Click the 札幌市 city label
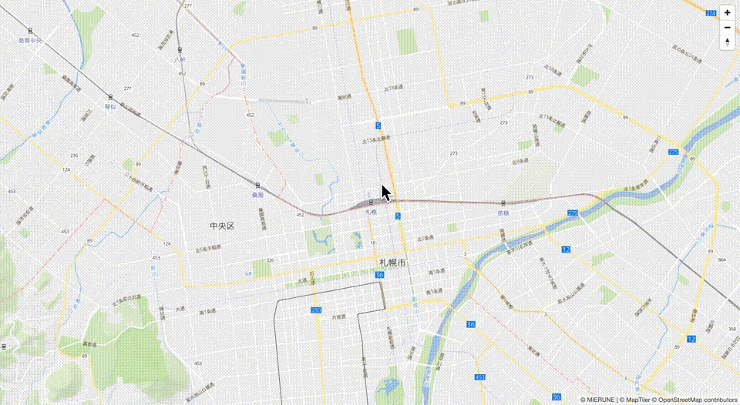click(392, 263)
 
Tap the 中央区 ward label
click(221, 226)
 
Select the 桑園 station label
click(257, 195)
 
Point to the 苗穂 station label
click(503, 212)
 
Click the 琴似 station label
click(111, 106)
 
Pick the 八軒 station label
click(180, 59)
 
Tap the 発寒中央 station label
click(30, 40)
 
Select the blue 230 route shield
click(315, 310)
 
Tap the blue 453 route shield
click(480, 377)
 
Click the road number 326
click(270, 260)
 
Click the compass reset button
click(727, 42)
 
